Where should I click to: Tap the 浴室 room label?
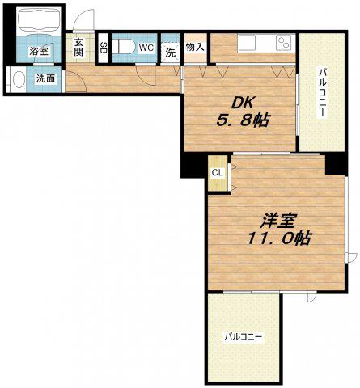[39, 52]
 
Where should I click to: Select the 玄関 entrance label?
[78, 47]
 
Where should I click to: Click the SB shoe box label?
[103, 48]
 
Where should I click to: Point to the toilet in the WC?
[123, 47]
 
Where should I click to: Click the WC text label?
[146, 48]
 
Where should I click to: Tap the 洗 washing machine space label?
[170, 53]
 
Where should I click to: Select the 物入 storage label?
[195, 47]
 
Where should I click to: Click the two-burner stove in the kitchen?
[284, 43]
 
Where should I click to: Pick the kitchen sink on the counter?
[247, 43]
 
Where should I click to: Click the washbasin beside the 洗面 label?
[19, 79]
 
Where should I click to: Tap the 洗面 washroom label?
[45, 78]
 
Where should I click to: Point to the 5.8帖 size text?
[243, 120]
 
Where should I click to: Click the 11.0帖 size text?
[279, 238]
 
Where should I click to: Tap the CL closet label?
[218, 173]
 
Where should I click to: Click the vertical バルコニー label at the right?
[323, 93]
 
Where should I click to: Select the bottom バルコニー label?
[244, 337]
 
